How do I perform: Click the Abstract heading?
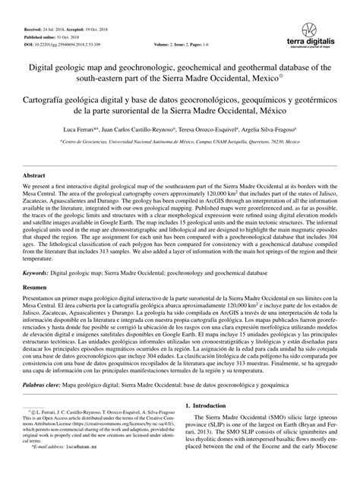tap(33, 196)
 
